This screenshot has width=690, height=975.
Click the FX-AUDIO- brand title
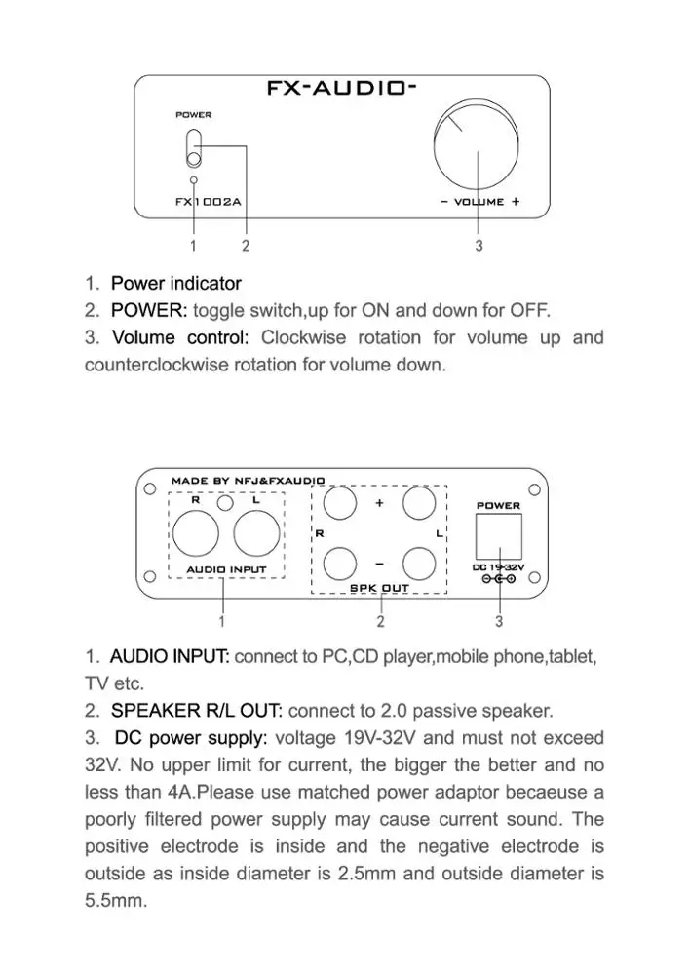pos(342,88)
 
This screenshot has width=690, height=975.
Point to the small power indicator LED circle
pos(194,180)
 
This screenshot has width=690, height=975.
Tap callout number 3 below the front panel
pos(479,246)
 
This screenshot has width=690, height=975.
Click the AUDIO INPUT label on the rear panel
pos(226,569)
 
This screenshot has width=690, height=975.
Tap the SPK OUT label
pos(379,588)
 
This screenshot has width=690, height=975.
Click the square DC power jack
pos(498,534)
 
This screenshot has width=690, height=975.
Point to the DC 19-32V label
pos(498,567)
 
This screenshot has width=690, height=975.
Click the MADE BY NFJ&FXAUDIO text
pos(249,481)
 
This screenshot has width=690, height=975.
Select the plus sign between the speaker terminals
pos(379,504)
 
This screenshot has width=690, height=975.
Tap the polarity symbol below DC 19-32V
pos(498,580)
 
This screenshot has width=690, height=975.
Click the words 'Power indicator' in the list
pos(175,284)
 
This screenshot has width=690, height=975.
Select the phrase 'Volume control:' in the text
pos(180,338)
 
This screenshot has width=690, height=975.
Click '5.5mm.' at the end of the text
pos(116,901)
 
